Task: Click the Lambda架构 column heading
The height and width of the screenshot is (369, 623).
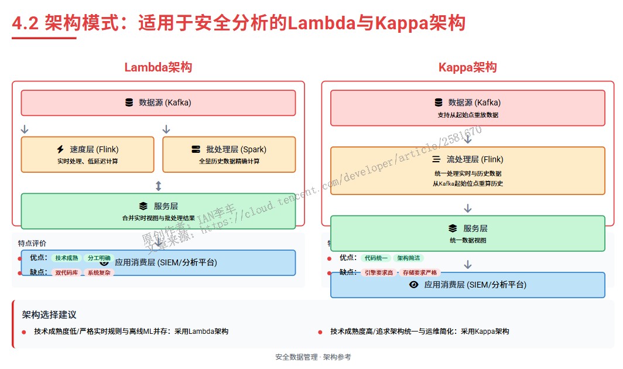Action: coord(158,67)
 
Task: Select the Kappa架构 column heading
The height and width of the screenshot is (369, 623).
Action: coord(467,67)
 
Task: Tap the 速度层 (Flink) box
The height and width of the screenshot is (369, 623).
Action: coord(87,154)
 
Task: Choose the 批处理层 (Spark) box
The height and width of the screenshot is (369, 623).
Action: coord(229,154)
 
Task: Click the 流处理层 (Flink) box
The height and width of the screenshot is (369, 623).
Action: coord(467,170)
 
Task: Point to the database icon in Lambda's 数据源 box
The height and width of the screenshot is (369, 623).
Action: coord(129,102)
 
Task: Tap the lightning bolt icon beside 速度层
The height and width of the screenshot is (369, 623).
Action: coord(60,149)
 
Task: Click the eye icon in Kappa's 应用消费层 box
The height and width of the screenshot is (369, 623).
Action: coord(414,285)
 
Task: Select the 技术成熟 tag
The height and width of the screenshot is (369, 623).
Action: coord(67,258)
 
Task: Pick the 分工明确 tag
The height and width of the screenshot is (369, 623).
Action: coord(99,258)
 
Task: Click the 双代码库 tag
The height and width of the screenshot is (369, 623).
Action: coord(67,272)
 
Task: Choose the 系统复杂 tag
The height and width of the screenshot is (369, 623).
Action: coord(99,272)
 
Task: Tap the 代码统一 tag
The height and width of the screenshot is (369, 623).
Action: coord(376,258)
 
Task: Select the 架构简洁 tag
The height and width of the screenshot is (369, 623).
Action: coord(408,258)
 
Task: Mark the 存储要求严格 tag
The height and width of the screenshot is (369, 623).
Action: coord(420,272)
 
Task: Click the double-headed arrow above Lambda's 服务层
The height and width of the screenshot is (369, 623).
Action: coord(158,186)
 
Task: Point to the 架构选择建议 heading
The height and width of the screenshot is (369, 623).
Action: coord(49,315)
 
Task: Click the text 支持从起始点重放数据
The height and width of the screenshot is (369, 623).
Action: coord(467,115)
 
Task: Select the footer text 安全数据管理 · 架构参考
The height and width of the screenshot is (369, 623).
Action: coord(313,357)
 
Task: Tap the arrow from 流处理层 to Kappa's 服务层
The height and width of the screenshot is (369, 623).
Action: coord(467,208)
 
